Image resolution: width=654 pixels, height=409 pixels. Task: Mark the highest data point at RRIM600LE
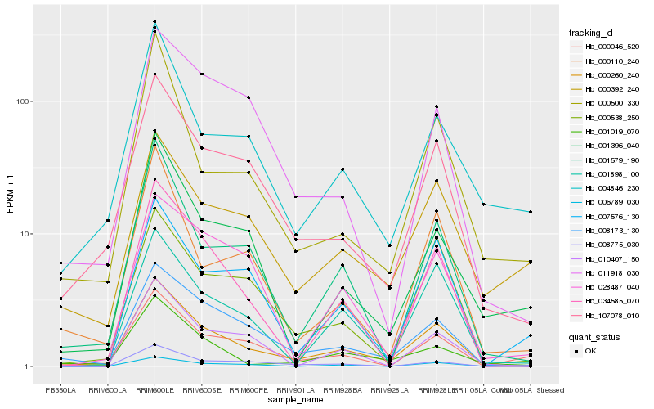click(x=155, y=22)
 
